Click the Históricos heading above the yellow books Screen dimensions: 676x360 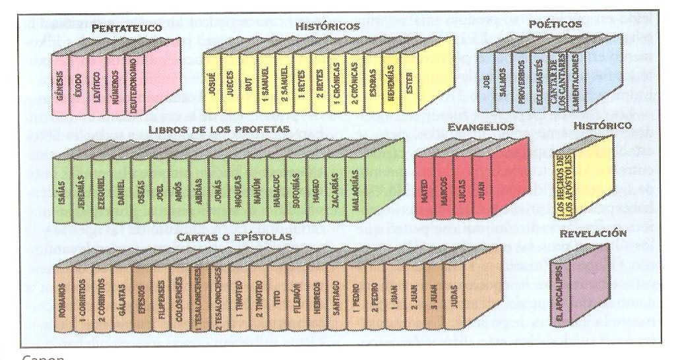[x=328, y=26]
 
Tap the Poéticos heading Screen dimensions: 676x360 [x=555, y=24]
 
